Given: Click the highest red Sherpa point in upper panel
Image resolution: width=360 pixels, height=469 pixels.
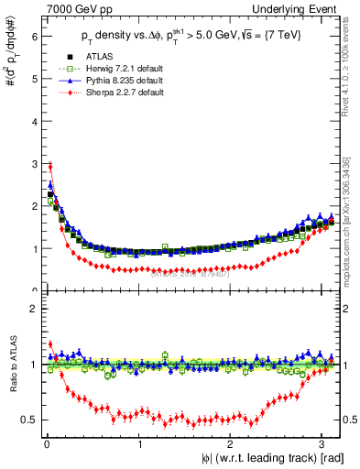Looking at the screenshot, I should click(x=49, y=166).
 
